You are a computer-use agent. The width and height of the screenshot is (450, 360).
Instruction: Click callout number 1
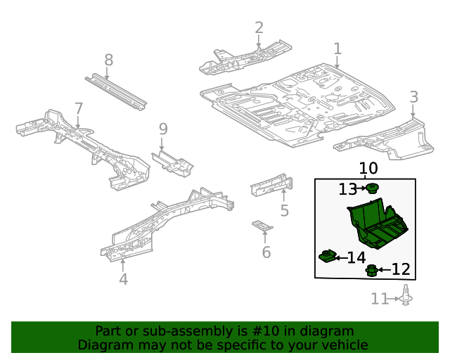click(337, 49)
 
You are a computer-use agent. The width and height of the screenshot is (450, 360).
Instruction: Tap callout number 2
click(259, 28)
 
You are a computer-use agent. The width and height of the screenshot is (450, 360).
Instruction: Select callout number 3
click(414, 97)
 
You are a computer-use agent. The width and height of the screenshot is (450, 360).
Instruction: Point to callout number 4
click(123, 280)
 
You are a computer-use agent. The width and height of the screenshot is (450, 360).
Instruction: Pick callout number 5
click(284, 210)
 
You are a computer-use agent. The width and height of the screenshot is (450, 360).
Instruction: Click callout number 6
click(266, 252)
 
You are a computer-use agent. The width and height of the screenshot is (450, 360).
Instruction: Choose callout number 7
click(79, 109)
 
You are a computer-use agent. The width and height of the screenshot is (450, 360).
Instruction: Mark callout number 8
click(108, 60)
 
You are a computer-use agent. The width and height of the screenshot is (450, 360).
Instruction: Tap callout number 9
click(163, 129)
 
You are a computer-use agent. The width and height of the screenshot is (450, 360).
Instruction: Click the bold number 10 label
click(368, 169)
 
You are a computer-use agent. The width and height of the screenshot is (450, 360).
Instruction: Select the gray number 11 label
click(380, 300)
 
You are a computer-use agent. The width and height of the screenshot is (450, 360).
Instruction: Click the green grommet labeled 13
click(373, 188)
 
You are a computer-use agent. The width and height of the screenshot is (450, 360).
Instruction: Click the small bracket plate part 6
click(263, 226)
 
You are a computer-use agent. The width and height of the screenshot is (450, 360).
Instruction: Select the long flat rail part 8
click(116, 91)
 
